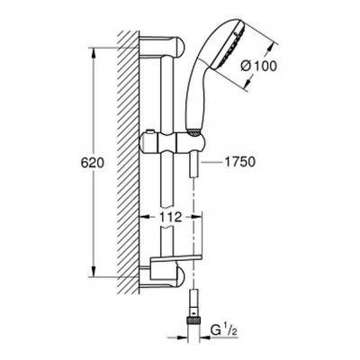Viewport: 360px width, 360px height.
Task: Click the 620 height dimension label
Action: pyautogui.click(x=80, y=166)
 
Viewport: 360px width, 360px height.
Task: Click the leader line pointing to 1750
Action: pyautogui.click(x=212, y=165)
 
